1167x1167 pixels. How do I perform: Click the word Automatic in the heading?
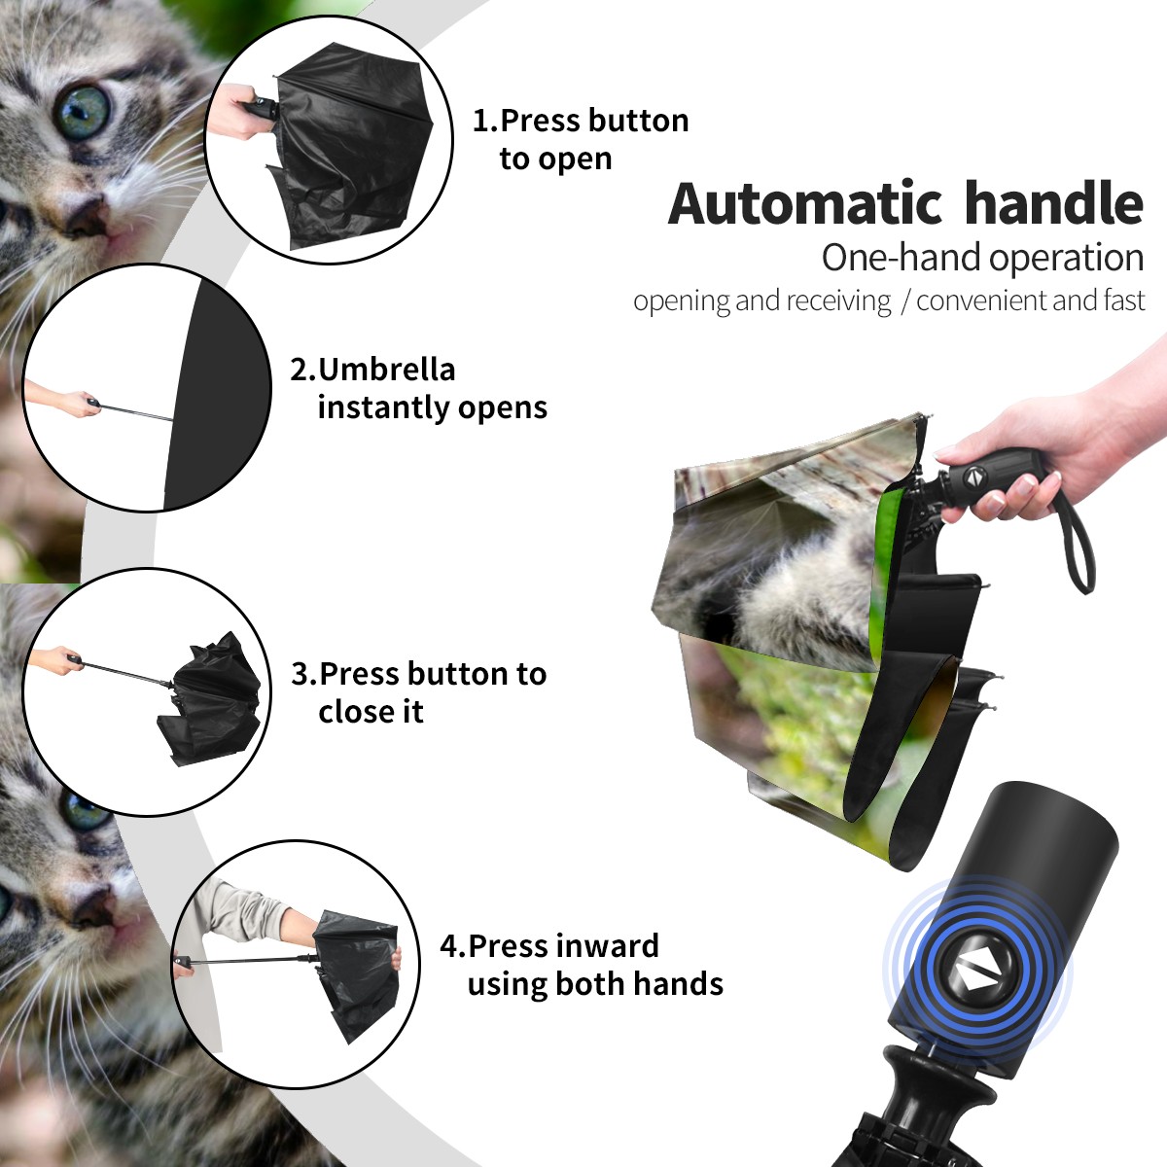coord(805,204)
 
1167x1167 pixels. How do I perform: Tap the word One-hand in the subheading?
coord(902,258)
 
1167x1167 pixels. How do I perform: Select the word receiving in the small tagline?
coord(843,301)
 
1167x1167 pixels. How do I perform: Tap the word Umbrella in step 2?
coord(386,370)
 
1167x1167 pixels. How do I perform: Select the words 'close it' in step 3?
coord(371,711)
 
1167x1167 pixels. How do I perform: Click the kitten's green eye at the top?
coord(83,113)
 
